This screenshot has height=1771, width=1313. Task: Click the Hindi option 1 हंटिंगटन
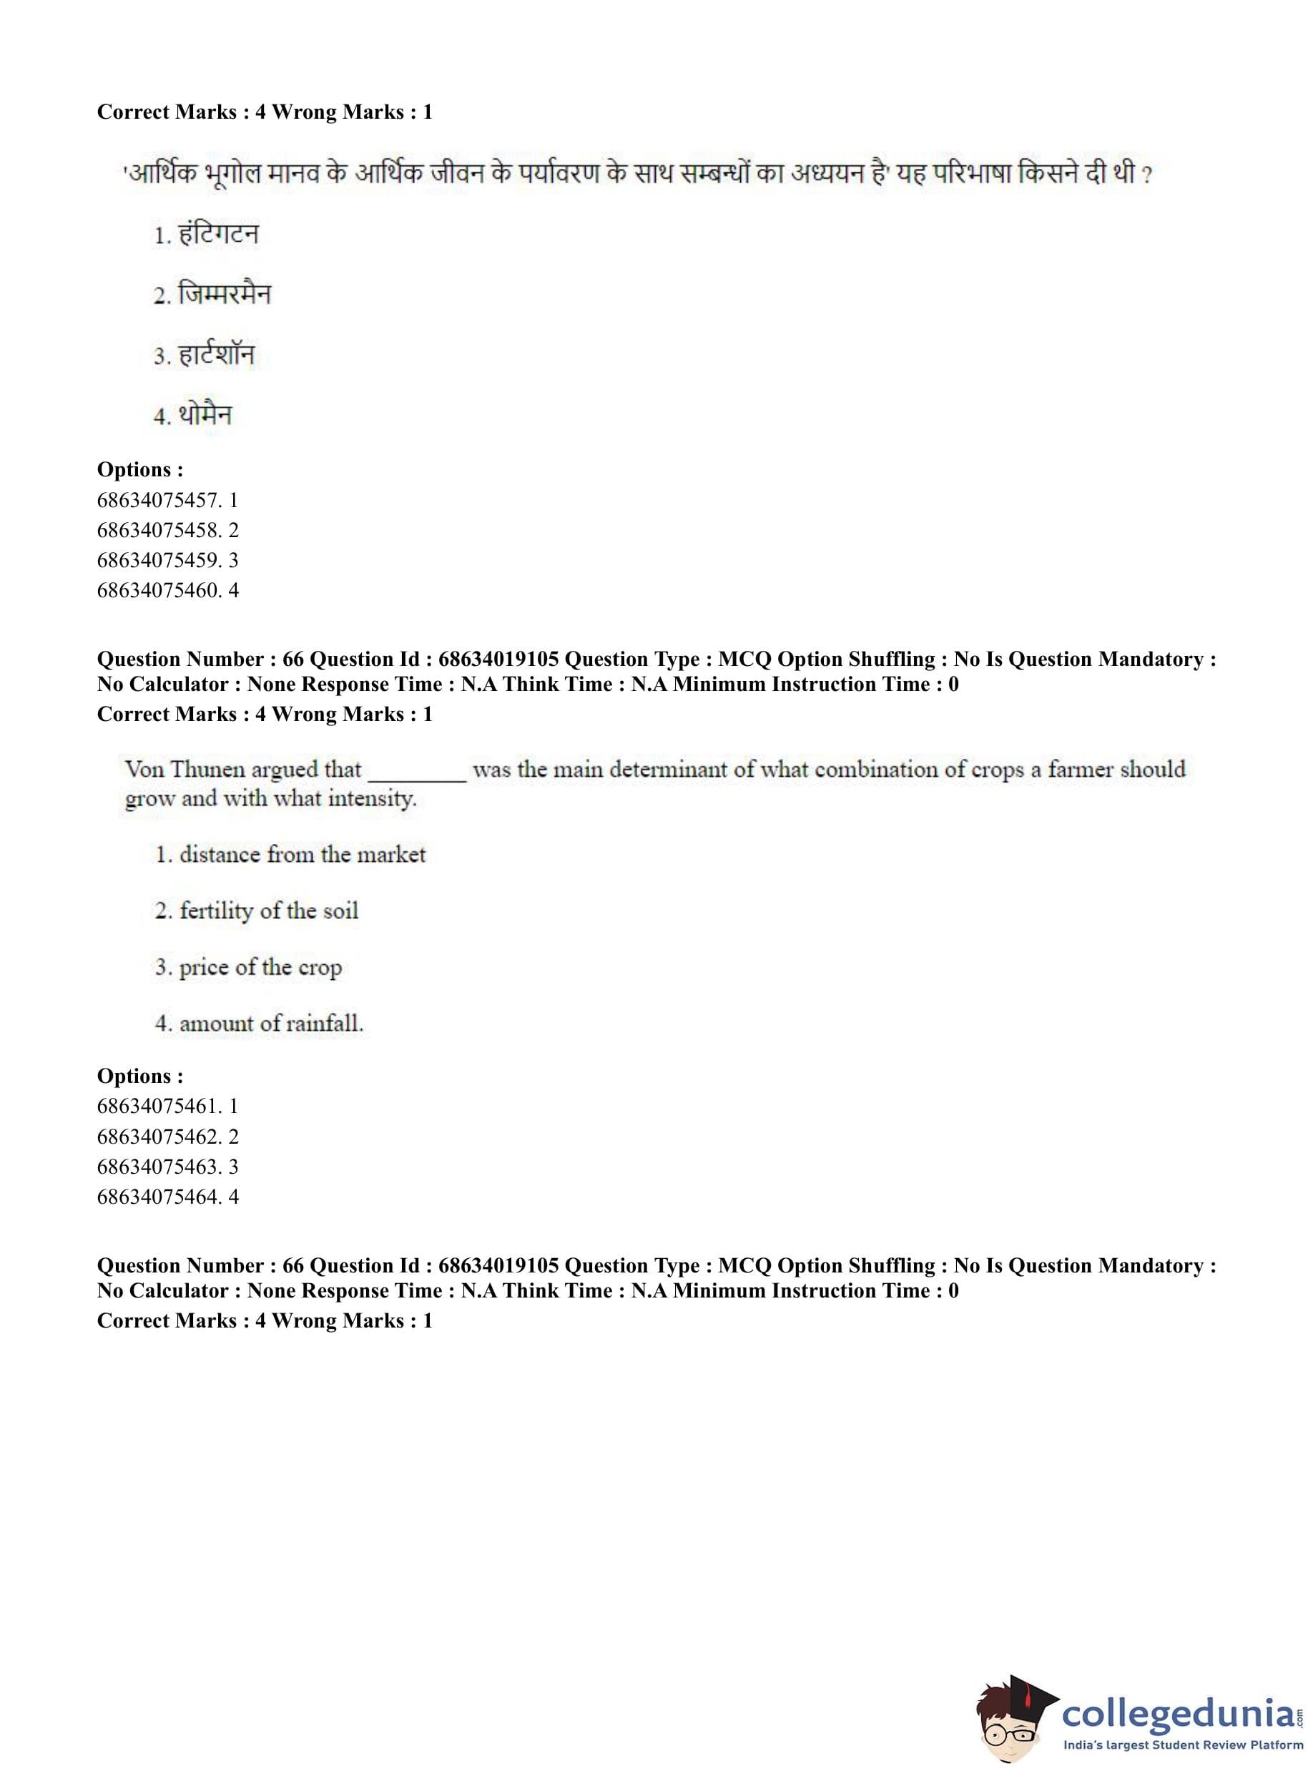(207, 235)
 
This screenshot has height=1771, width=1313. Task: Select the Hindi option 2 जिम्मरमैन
(212, 295)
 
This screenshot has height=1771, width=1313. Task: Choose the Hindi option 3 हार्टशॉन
(205, 355)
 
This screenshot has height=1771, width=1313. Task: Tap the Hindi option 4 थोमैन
(193, 415)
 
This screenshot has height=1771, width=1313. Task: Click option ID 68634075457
(167, 500)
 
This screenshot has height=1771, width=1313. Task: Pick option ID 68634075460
(167, 590)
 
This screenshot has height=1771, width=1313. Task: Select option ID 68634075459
(167, 559)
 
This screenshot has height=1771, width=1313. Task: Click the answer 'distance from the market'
(291, 855)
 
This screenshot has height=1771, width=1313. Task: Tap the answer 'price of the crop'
(249, 967)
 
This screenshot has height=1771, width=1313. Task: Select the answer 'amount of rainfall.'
(259, 1023)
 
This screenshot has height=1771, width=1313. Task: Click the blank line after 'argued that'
(417, 775)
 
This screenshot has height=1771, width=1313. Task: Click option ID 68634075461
(167, 1106)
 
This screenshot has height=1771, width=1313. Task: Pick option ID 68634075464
(167, 1197)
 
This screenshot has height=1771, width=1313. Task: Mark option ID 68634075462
(167, 1136)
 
